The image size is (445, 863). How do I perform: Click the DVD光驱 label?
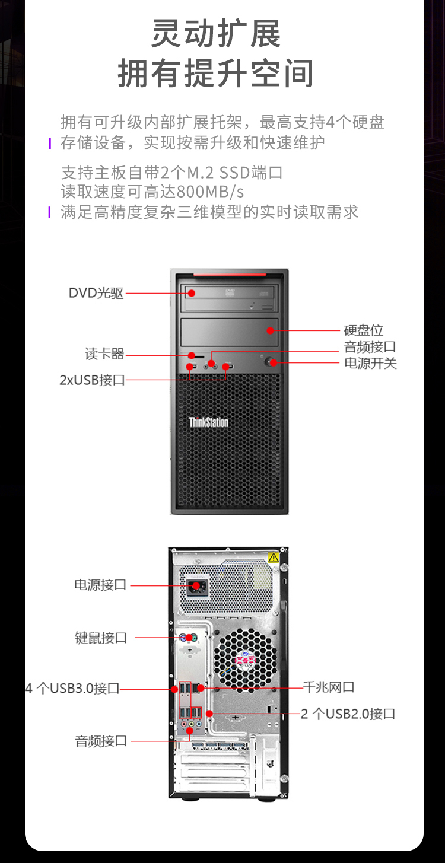(96, 293)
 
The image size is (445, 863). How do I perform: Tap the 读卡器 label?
(104, 354)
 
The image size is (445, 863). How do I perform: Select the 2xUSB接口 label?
(92, 380)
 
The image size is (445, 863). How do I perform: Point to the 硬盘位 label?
(363, 330)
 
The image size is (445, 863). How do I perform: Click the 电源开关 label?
(370, 363)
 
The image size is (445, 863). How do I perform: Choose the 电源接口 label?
(100, 585)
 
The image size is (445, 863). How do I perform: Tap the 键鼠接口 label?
(101, 638)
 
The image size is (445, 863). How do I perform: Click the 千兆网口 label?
(329, 687)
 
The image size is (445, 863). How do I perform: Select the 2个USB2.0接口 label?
(348, 714)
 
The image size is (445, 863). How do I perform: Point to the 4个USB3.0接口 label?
(72, 688)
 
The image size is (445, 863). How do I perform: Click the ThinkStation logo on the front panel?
(208, 422)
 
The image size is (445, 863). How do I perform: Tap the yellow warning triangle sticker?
(273, 558)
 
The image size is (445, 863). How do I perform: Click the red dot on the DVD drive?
(191, 293)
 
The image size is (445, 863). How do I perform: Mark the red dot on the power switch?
(273, 362)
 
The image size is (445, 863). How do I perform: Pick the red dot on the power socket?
(196, 586)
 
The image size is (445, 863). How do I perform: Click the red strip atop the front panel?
(230, 275)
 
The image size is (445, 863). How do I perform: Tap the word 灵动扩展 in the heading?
(216, 34)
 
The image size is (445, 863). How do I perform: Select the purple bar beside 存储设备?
(50, 144)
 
